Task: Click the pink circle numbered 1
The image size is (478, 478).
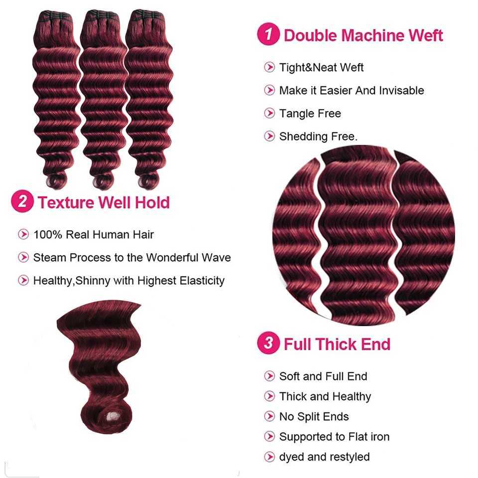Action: click(x=268, y=34)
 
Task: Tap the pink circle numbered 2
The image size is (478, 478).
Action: click(x=22, y=201)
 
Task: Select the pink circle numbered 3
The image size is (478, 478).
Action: click(x=268, y=343)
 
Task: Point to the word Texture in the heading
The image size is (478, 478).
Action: click(x=66, y=203)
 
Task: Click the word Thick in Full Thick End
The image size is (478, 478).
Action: click(x=337, y=344)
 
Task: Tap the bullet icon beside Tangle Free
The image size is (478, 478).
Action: click(x=269, y=113)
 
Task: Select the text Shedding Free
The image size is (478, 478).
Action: click(x=318, y=136)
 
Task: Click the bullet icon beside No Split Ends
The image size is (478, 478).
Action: click(x=269, y=416)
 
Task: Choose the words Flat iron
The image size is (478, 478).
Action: click(x=369, y=437)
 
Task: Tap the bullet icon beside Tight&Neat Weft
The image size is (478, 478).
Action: click(x=269, y=67)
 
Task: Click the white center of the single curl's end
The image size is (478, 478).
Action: click(x=113, y=417)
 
